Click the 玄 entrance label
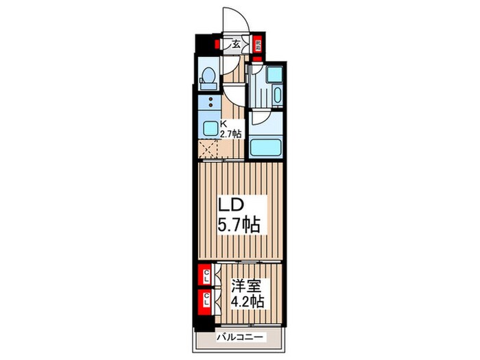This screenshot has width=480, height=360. pos(236,45)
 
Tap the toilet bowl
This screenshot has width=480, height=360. pos(208,79)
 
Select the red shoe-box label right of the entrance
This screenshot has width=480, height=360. pos(258,46)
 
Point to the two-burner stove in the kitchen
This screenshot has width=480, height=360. pos(206,104)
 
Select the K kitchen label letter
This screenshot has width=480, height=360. pos(223,124)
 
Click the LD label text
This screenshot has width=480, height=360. pos(232,204)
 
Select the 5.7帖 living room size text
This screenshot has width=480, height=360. pos(239,224)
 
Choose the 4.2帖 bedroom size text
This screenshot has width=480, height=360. pos(244,301)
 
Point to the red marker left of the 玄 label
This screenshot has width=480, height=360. pos(216,45)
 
